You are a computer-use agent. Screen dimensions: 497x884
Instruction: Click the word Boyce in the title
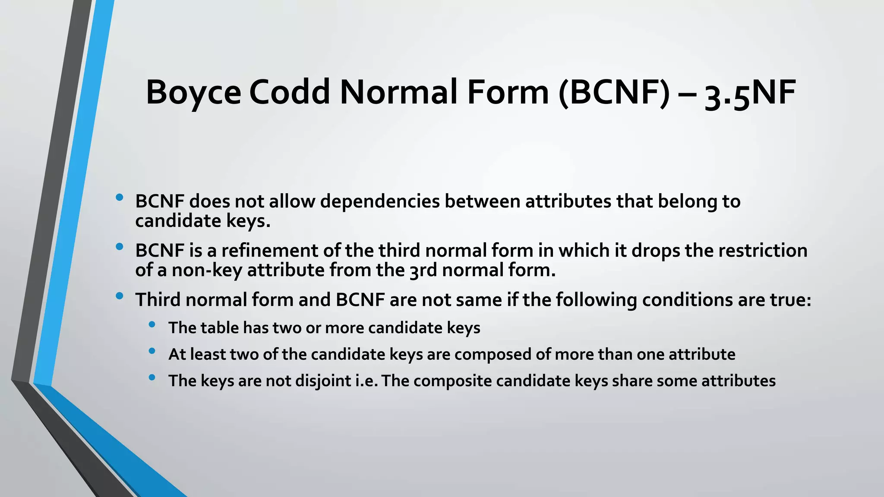tap(193, 93)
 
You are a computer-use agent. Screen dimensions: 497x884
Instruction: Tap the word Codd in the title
tap(290, 93)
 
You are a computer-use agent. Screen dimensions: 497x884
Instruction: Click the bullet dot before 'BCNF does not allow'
tap(120, 198)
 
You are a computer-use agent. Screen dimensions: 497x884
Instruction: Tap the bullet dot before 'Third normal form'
tap(120, 296)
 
